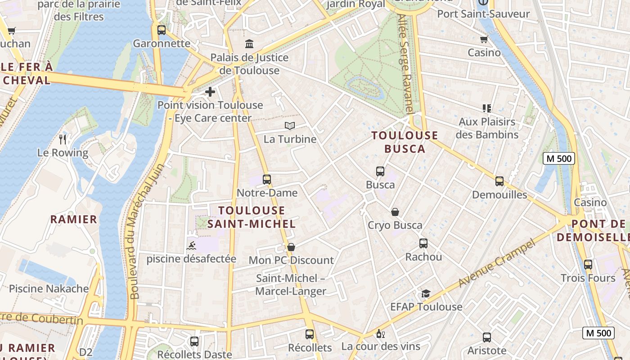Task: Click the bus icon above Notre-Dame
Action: pyautogui.click(x=267, y=180)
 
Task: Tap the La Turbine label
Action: pyautogui.click(x=290, y=139)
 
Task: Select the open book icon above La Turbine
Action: pyautogui.click(x=290, y=126)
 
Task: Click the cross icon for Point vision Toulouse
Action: pyautogui.click(x=210, y=92)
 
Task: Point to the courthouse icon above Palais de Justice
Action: pyautogui.click(x=249, y=44)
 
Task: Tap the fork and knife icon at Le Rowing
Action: pyautogui.click(x=63, y=139)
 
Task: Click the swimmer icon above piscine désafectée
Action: pyautogui.click(x=191, y=246)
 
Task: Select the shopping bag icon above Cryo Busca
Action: pyautogui.click(x=395, y=212)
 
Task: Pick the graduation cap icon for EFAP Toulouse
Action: pyautogui.click(x=426, y=294)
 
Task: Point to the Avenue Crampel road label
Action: pyautogui.click(x=497, y=263)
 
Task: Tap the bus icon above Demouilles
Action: pyautogui.click(x=499, y=181)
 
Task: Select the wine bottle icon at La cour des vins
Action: pyautogui.click(x=380, y=334)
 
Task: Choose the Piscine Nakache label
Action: pyautogui.click(x=49, y=288)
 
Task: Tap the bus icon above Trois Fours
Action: pyautogui.click(x=588, y=265)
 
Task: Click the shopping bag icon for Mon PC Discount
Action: pyautogui.click(x=291, y=247)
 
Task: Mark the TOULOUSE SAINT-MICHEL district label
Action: pyautogui.click(x=252, y=217)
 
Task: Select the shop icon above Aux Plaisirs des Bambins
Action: pyautogui.click(x=486, y=108)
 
